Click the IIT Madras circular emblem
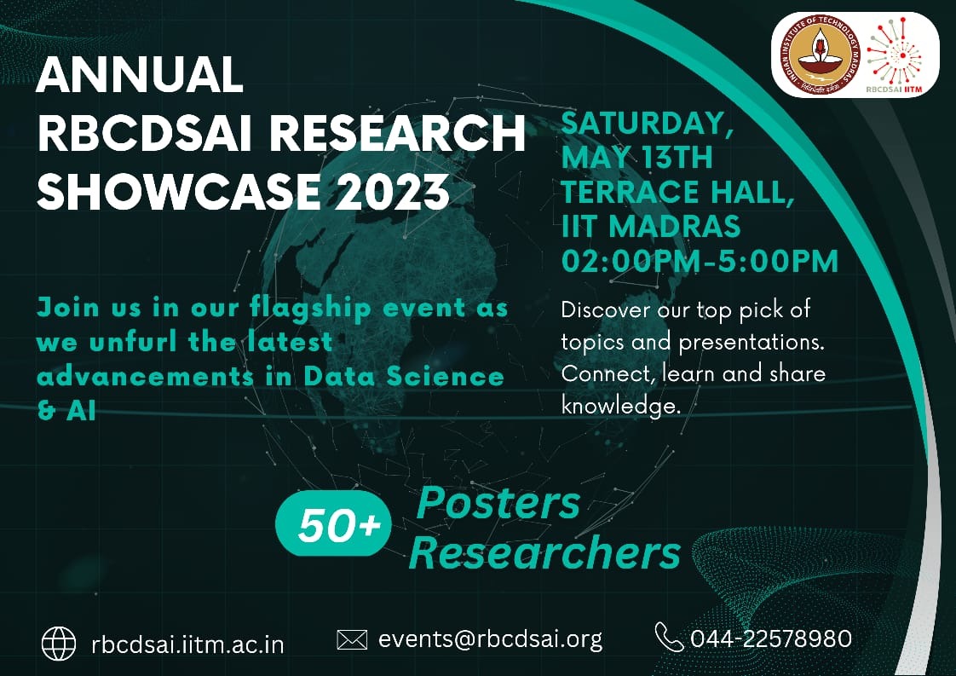820,55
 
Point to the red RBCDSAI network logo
895,52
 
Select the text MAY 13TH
636,158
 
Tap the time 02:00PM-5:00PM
700,261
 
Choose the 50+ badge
333,523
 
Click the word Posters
498,503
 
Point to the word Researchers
544,552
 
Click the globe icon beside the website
59,643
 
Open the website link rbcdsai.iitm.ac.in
187,644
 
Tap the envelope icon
352,640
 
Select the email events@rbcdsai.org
490,639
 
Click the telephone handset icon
669,637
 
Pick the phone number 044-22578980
771,638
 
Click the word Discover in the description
606,309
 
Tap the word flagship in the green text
310,309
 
